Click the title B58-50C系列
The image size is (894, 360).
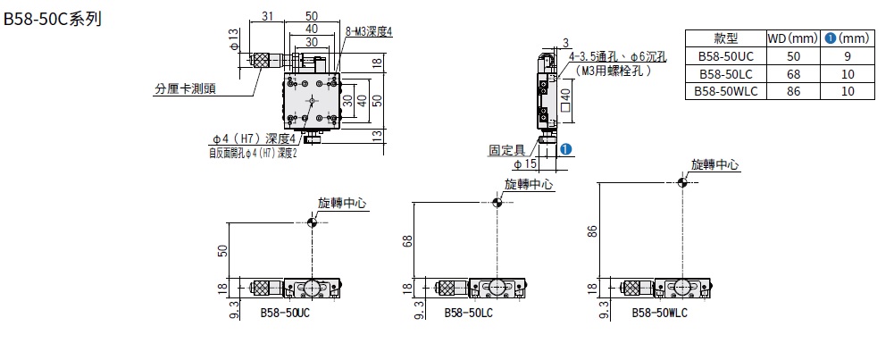(53, 18)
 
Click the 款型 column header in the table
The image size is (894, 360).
(725, 38)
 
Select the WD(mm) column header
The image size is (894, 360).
(792, 38)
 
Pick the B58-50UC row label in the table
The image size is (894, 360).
(725, 56)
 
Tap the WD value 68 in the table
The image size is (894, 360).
(792, 73)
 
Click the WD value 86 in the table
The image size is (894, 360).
(792, 91)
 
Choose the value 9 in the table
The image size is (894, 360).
(846, 56)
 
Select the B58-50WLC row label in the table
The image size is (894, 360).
(725, 91)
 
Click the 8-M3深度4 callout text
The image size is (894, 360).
(369, 31)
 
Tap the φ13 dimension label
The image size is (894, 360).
(233, 39)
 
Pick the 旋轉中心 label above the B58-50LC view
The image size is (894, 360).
(528, 183)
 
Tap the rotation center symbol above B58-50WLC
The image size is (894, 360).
(682, 183)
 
